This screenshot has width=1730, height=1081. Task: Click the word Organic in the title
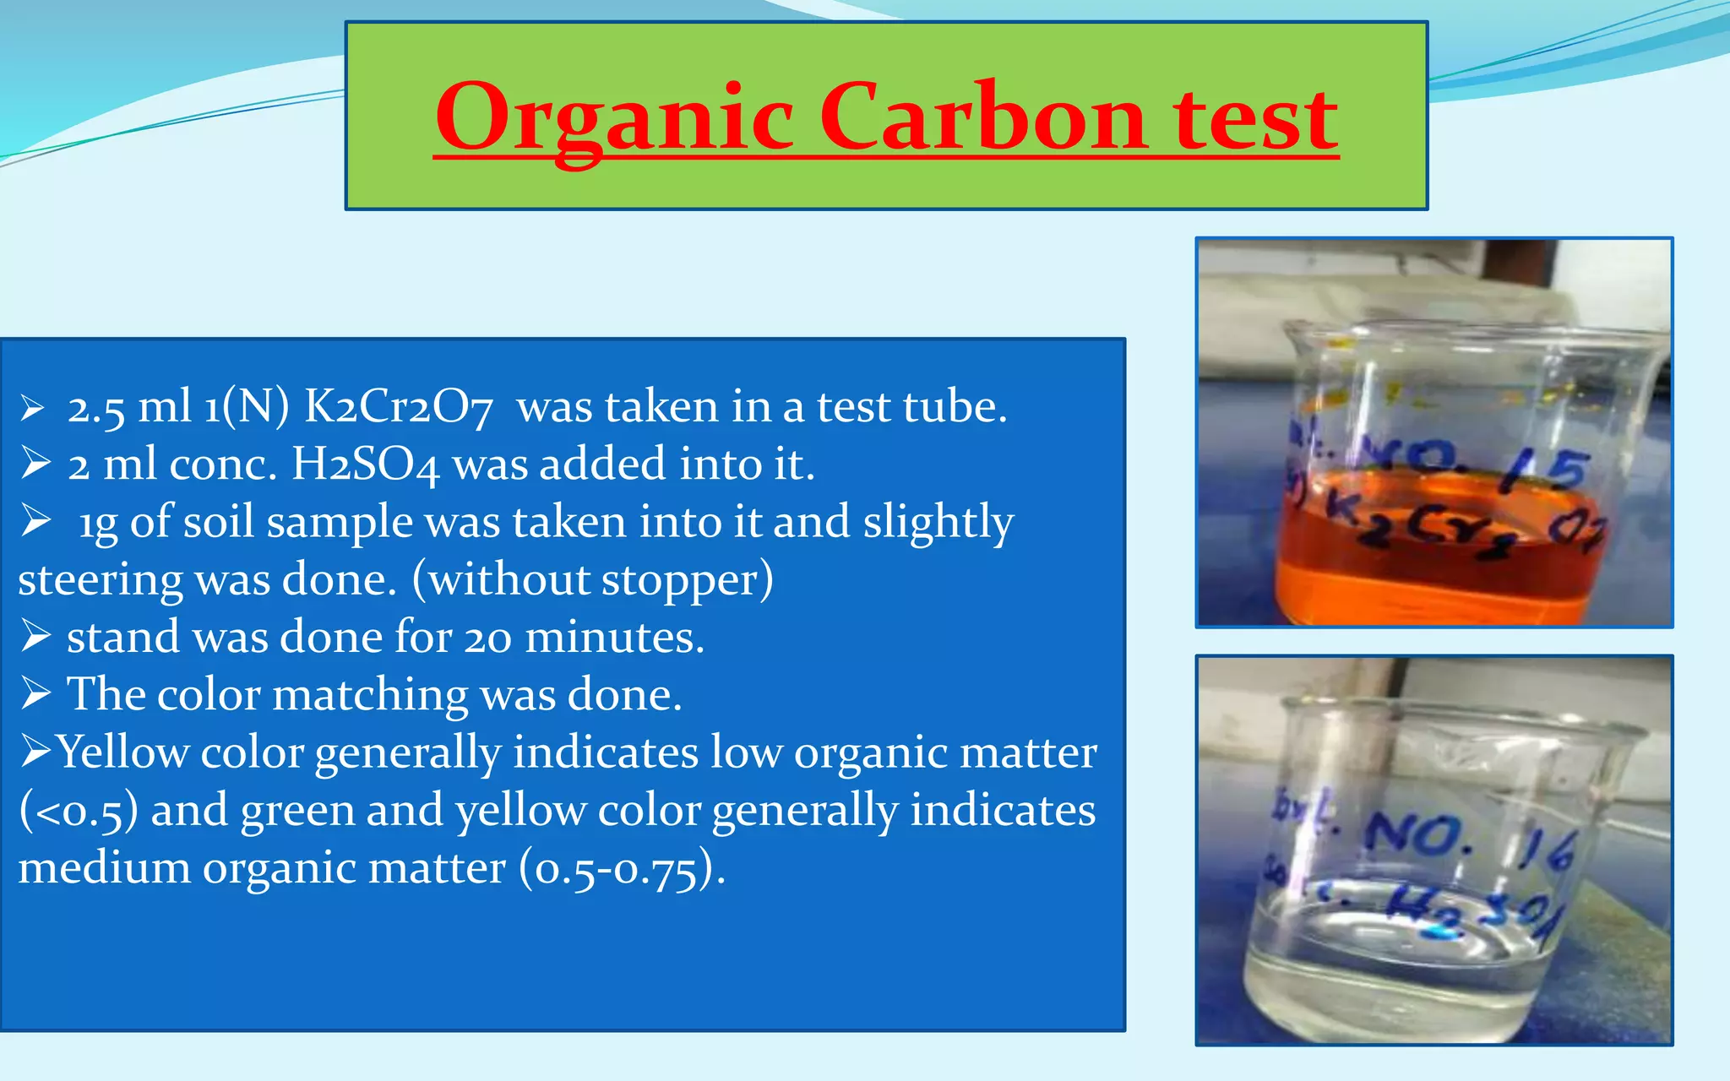(x=614, y=118)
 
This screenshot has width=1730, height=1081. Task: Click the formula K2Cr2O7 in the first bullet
(x=398, y=407)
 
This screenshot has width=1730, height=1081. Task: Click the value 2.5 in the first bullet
(x=95, y=409)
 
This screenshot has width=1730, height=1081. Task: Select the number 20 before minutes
(x=487, y=638)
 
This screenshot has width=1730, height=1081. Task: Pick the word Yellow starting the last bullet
(x=122, y=752)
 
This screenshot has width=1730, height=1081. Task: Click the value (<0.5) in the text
(x=78, y=811)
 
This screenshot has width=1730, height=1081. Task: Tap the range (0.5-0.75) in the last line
(x=622, y=869)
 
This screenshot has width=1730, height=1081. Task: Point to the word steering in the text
(x=100, y=580)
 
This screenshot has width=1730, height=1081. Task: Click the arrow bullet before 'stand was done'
(x=35, y=636)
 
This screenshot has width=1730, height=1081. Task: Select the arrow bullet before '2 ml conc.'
(x=35, y=463)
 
